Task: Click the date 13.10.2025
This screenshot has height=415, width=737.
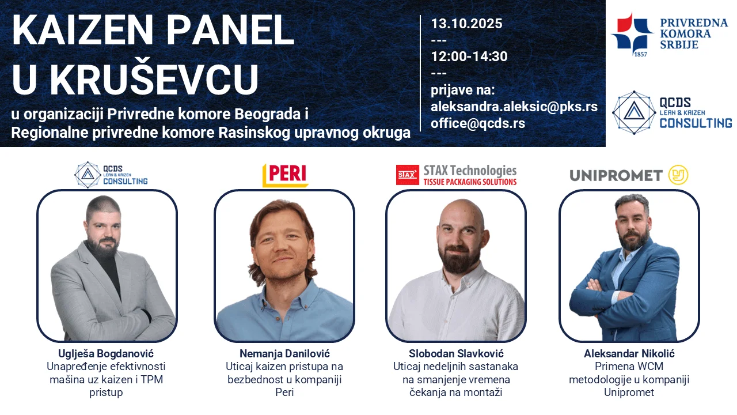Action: tap(466, 24)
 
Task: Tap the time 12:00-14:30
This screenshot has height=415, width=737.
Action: tap(469, 56)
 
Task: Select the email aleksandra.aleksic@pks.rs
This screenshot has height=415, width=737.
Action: tap(514, 107)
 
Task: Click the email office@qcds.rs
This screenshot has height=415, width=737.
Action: tap(478, 123)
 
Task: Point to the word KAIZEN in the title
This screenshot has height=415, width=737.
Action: tap(82, 31)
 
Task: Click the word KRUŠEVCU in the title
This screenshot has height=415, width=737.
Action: tap(154, 80)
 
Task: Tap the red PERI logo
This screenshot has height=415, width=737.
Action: tap(286, 175)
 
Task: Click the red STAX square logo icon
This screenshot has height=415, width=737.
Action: tap(407, 175)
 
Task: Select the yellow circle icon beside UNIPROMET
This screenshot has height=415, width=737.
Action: tap(678, 175)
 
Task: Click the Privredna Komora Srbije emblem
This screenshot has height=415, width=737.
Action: tap(632, 32)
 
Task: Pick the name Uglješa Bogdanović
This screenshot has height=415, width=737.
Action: tap(106, 354)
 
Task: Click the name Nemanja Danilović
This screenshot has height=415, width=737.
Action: tap(284, 354)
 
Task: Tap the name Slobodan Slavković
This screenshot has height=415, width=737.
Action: tap(456, 354)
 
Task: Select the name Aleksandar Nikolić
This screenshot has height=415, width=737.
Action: tap(629, 354)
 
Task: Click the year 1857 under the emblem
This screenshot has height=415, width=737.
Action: tap(640, 54)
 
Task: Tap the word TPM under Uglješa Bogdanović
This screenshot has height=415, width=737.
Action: tap(152, 380)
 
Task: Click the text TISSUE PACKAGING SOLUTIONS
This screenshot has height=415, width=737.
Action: tap(470, 182)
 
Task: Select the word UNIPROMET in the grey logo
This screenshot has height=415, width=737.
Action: tap(616, 176)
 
